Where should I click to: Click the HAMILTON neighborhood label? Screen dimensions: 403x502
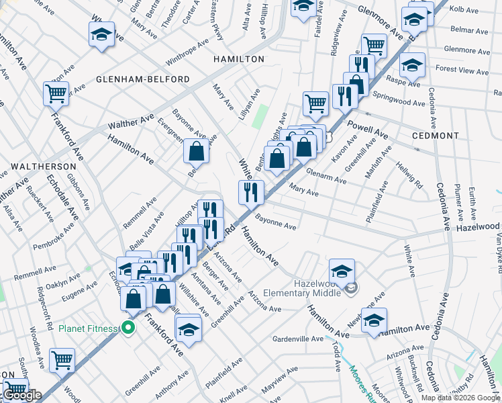point(239,59)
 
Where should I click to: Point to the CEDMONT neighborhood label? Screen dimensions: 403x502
point(436,135)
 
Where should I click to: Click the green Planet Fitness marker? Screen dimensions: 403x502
point(128,328)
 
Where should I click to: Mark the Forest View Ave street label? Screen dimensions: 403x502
point(462,71)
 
